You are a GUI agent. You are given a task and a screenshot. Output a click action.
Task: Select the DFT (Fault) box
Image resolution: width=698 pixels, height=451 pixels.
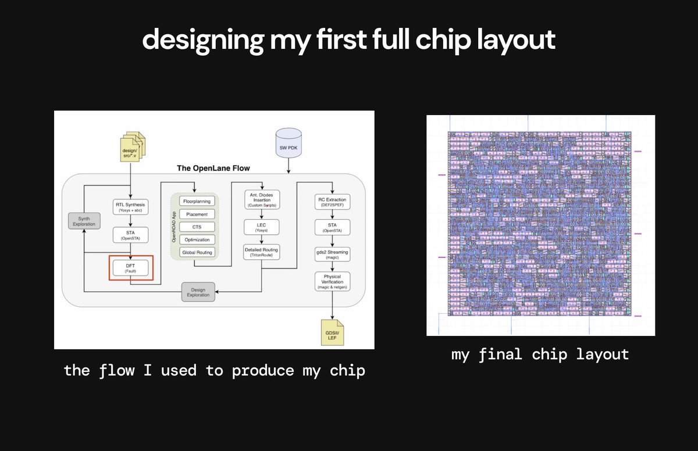[130, 268]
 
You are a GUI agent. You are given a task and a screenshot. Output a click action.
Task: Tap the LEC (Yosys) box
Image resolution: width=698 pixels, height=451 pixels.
[261, 226]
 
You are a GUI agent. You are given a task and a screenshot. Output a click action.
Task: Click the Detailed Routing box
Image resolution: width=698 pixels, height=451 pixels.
[261, 252]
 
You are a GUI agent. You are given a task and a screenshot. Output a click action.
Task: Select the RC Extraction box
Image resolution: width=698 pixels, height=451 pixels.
[332, 202]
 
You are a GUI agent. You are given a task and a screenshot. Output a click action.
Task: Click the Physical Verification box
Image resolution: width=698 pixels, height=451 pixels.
[332, 281]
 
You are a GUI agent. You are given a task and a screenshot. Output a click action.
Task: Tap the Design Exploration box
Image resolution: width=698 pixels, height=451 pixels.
[198, 292]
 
